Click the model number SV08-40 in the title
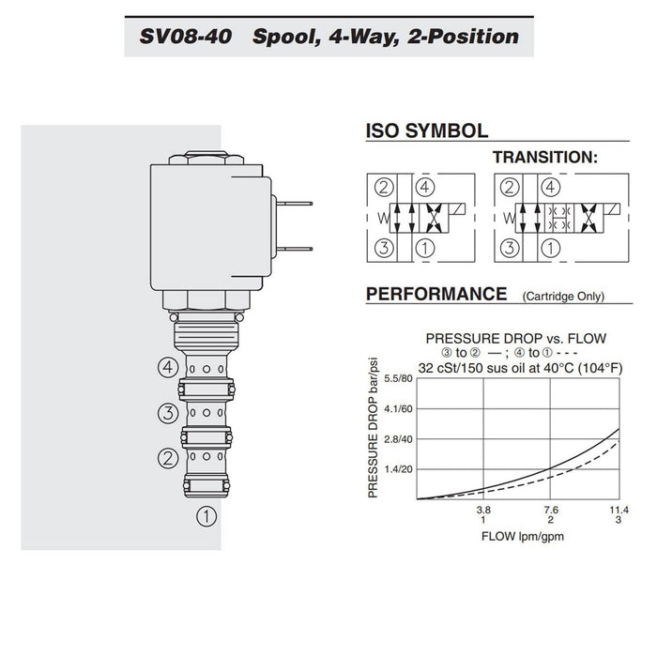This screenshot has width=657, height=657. tap(186, 36)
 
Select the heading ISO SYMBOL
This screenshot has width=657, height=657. tap(427, 130)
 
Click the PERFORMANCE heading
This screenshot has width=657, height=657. tap(436, 294)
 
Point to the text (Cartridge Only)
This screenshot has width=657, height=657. tap(563, 297)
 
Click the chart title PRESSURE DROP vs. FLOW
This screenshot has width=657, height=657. tap(516, 338)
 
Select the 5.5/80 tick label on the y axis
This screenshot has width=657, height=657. tap(398, 379)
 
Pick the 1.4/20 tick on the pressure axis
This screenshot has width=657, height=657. tap(398, 469)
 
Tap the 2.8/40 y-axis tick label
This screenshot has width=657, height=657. tap(398, 439)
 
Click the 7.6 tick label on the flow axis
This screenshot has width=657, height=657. tap(551, 510)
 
